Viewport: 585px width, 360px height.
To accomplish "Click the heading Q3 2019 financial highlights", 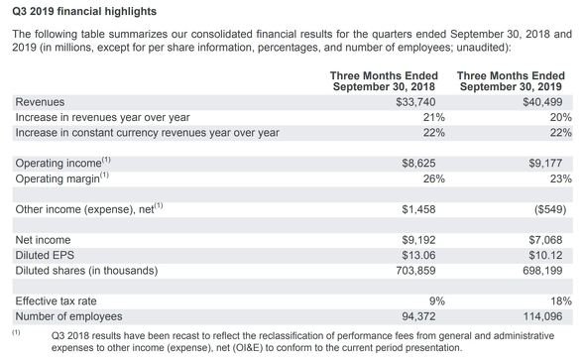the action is pos(84,12).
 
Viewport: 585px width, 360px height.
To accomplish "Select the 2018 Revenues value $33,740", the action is pos(415,102).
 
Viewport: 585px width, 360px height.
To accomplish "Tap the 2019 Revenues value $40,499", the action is pos(542,102).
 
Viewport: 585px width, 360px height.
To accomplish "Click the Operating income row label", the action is pos(63,163).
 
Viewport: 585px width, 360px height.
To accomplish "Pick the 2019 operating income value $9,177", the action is pos(545,163).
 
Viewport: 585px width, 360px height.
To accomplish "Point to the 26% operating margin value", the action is pos(434,180).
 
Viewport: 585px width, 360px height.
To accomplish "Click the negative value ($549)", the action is pos(550,209).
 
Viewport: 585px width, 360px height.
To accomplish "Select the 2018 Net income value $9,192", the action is pos(418,240).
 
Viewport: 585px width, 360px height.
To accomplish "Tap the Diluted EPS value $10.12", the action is pos(545,255).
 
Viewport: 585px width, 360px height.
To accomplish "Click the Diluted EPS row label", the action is pos(45,255).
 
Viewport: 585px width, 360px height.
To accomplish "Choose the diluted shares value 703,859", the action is pos(415,271).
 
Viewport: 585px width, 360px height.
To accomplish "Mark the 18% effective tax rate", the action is pos(561,301).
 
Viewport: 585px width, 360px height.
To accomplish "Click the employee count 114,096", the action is pos(542,316).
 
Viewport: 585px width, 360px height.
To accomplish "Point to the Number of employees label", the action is pos(68,316).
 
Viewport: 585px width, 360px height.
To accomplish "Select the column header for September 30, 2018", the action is pos(384,81).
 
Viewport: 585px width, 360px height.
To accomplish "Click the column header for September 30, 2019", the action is pos(511,81).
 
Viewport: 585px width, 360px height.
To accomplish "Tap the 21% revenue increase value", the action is pos(434,117).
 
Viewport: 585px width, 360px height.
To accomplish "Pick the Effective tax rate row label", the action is pos(56,301).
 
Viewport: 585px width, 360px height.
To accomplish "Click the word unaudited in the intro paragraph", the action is pos(481,48).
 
